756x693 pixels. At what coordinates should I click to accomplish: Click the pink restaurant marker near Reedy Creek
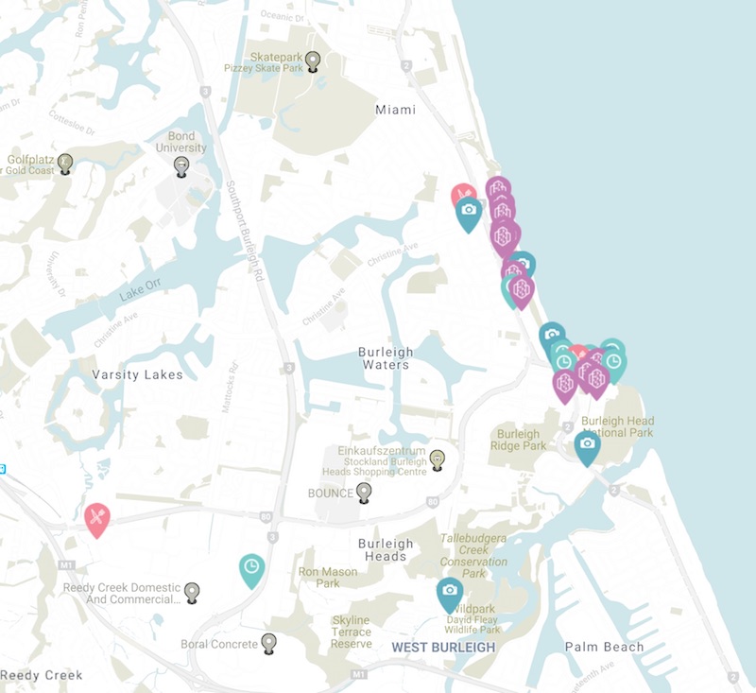tap(97, 518)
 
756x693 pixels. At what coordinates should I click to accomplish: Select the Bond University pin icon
tap(181, 165)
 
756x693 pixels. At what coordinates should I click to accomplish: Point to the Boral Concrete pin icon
tap(269, 643)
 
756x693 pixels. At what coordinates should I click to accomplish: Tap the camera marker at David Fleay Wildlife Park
tap(450, 592)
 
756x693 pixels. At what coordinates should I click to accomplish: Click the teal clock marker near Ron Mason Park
tap(251, 568)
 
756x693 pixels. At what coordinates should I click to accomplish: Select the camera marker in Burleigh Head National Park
tap(587, 445)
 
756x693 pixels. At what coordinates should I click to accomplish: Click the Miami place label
tap(395, 110)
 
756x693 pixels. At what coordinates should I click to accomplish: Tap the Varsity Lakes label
tap(137, 374)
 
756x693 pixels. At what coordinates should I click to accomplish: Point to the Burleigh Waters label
tap(385, 358)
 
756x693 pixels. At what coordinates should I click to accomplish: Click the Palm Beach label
tap(604, 647)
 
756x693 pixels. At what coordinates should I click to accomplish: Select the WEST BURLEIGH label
tap(443, 647)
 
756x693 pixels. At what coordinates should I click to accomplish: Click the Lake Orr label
tap(141, 295)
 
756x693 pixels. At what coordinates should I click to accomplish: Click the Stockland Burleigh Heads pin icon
tap(437, 459)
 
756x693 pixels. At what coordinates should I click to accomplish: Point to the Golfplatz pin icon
tap(64, 163)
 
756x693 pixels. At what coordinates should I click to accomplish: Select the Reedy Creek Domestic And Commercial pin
tap(192, 592)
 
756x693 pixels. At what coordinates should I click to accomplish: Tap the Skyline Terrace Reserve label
tap(351, 632)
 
